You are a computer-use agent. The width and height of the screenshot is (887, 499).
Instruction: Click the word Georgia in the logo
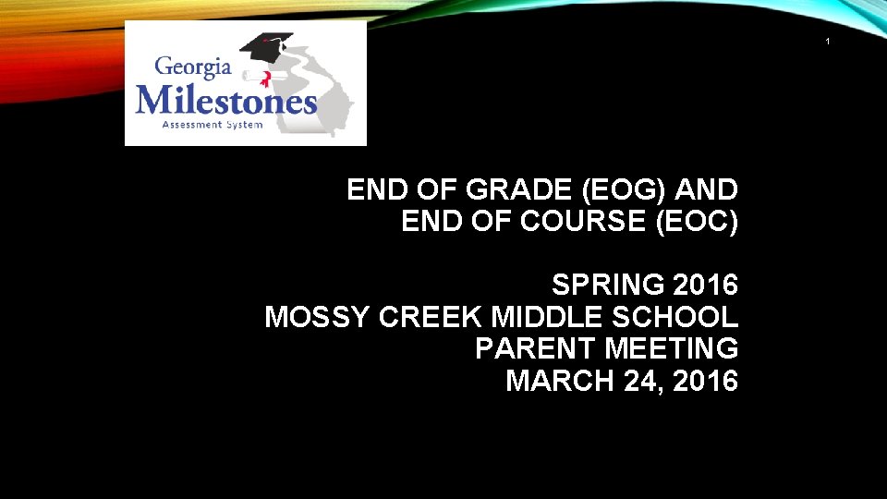click(x=192, y=68)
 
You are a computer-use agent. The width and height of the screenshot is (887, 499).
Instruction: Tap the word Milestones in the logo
click(x=226, y=99)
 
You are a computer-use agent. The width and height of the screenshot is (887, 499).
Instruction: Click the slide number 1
click(x=828, y=42)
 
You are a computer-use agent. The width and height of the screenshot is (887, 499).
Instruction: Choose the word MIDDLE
click(x=544, y=317)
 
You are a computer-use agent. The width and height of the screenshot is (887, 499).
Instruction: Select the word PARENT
click(x=536, y=348)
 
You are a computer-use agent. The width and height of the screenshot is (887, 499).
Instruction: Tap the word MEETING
click(x=672, y=348)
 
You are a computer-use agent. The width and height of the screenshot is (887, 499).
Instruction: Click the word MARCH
click(x=552, y=380)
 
